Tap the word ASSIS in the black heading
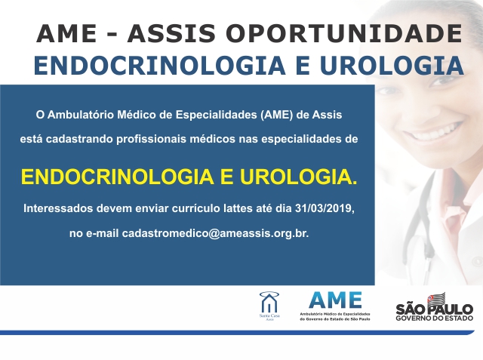tap(171, 33)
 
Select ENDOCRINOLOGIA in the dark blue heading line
tap(159, 66)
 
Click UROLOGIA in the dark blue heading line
tap(392, 66)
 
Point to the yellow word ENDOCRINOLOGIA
tap(118, 177)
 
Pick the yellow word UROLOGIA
tap(299, 177)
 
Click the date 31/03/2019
tap(325, 208)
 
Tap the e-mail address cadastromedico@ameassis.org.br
tap(215, 233)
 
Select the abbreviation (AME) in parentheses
tap(276, 115)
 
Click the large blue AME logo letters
tap(335, 300)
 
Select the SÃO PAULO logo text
tap(435, 309)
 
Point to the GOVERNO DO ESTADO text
tap(435, 318)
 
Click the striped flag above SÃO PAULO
tap(436, 298)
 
